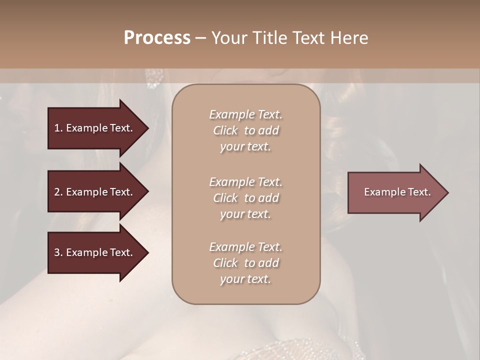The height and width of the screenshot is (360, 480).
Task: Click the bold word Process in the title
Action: tap(157, 38)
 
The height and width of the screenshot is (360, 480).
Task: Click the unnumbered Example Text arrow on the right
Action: tap(397, 192)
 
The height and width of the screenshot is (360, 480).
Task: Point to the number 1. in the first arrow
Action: tap(58, 128)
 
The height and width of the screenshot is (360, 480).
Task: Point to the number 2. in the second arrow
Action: tap(58, 192)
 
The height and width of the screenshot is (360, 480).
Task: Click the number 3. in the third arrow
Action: tap(58, 252)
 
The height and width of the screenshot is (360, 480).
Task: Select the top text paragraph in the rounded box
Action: tap(245, 130)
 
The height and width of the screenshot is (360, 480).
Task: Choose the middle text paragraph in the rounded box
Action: tap(245, 197)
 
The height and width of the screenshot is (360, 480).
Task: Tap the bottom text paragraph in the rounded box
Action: tap(245, 263)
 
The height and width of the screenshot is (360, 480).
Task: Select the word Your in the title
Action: tap(228, 38)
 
